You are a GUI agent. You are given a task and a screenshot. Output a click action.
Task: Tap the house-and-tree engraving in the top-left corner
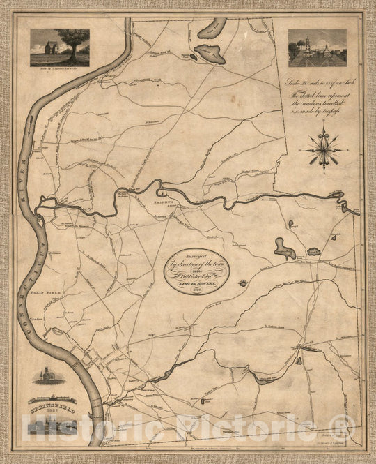pos(59,47)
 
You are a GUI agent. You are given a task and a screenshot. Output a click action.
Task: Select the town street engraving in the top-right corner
pos(317,47)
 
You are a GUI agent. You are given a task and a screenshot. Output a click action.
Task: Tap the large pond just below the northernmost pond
pos(210,54)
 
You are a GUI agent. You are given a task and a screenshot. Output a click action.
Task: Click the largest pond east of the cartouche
pos(284,248)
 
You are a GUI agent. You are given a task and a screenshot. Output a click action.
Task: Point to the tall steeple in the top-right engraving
pos(306,43)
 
